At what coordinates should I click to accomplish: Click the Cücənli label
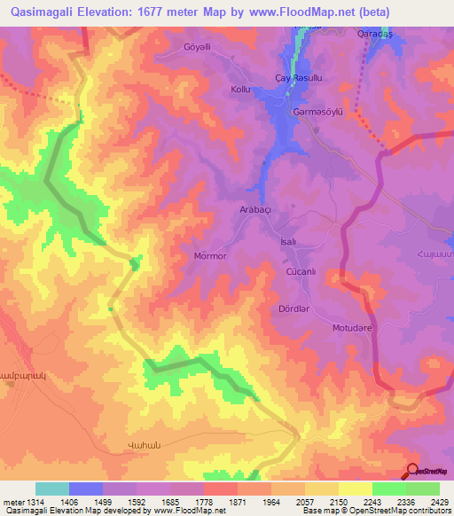(299, 270)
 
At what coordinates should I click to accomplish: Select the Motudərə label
(350, 327)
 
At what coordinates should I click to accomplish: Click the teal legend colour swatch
(52, 489)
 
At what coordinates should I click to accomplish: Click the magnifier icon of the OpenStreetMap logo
(412, 472)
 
